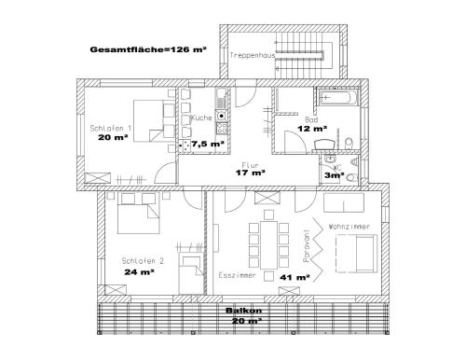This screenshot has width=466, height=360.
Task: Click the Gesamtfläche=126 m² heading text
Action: point(148,49)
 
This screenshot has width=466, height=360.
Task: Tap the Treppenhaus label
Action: point(253,55)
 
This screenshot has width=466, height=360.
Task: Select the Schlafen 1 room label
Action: point(111,128)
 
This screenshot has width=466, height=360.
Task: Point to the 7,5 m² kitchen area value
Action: point(208,144)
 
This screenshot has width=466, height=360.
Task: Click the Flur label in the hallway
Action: point(250,165)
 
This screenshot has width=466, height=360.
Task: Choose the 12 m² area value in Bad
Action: point(312,128)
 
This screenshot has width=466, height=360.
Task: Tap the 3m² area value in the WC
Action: point(335,175)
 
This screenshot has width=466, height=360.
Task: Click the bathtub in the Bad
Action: point(338,97)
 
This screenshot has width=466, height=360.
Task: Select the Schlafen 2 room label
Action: point(143,261)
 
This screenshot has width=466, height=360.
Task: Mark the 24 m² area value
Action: point(140,272)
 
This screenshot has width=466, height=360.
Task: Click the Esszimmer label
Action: point(237,275)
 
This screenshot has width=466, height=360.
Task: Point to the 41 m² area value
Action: point(295,277)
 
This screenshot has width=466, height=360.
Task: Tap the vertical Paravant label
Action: point(307,246)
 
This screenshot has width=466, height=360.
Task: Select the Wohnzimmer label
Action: point(349,227)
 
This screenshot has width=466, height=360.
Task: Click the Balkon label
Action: point(243,311)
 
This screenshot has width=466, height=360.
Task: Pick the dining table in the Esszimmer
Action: point(268,245)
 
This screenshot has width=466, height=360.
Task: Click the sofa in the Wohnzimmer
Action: point(356,254)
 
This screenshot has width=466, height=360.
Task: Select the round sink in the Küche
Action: point(222,116)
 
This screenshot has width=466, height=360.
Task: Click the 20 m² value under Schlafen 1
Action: point(113,137)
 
